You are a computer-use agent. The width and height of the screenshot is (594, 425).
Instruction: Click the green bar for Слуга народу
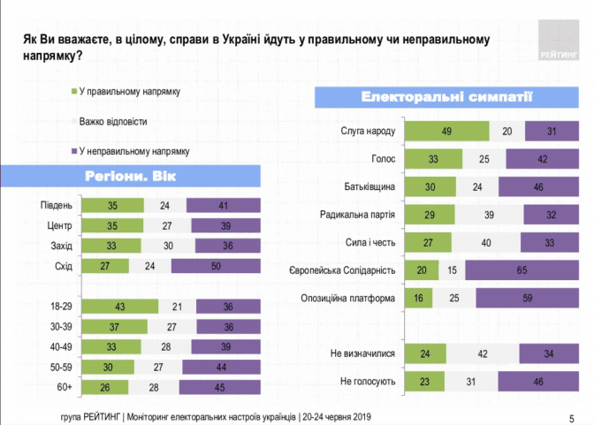tap(447, 131)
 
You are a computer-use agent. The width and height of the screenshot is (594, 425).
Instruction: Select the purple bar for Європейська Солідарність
tap(522, 270)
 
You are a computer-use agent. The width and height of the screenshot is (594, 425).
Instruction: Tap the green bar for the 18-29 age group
tap(119, 307)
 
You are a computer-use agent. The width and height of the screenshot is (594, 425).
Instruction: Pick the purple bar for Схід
tap(216, 266)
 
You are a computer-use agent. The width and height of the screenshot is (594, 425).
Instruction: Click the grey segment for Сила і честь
tap(486, 242)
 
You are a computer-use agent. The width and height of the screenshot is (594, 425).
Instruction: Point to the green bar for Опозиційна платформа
tap(418, 298)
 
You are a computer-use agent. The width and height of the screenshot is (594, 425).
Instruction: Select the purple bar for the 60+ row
tap(220, 387)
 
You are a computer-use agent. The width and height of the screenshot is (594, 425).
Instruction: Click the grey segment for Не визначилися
tap(483, 353)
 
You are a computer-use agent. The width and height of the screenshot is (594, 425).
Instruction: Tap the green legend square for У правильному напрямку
tap(74, 91)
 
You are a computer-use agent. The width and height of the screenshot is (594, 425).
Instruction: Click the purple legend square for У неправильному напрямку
tap(74, 151)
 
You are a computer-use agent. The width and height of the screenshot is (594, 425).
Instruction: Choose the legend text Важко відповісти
tap(113, 122)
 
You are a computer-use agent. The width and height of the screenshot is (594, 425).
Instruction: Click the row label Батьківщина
tap(369, 186)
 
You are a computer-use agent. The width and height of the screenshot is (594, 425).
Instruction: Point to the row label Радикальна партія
tap(357, 215)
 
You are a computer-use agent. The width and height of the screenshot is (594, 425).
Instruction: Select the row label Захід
tap(61, 246)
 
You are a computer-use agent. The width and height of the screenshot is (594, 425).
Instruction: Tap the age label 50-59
tap(61, 367)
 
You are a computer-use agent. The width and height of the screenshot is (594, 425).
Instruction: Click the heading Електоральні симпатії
tap(446, 97)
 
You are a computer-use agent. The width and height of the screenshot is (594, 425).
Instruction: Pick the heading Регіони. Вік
tap(130, 176)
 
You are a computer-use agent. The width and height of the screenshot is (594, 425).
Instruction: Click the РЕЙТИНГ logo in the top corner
tap(559, 40)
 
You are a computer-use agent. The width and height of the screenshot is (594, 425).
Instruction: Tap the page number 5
tap(572, 419)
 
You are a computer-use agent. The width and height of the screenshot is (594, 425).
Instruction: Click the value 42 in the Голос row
tap(543, 159)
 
